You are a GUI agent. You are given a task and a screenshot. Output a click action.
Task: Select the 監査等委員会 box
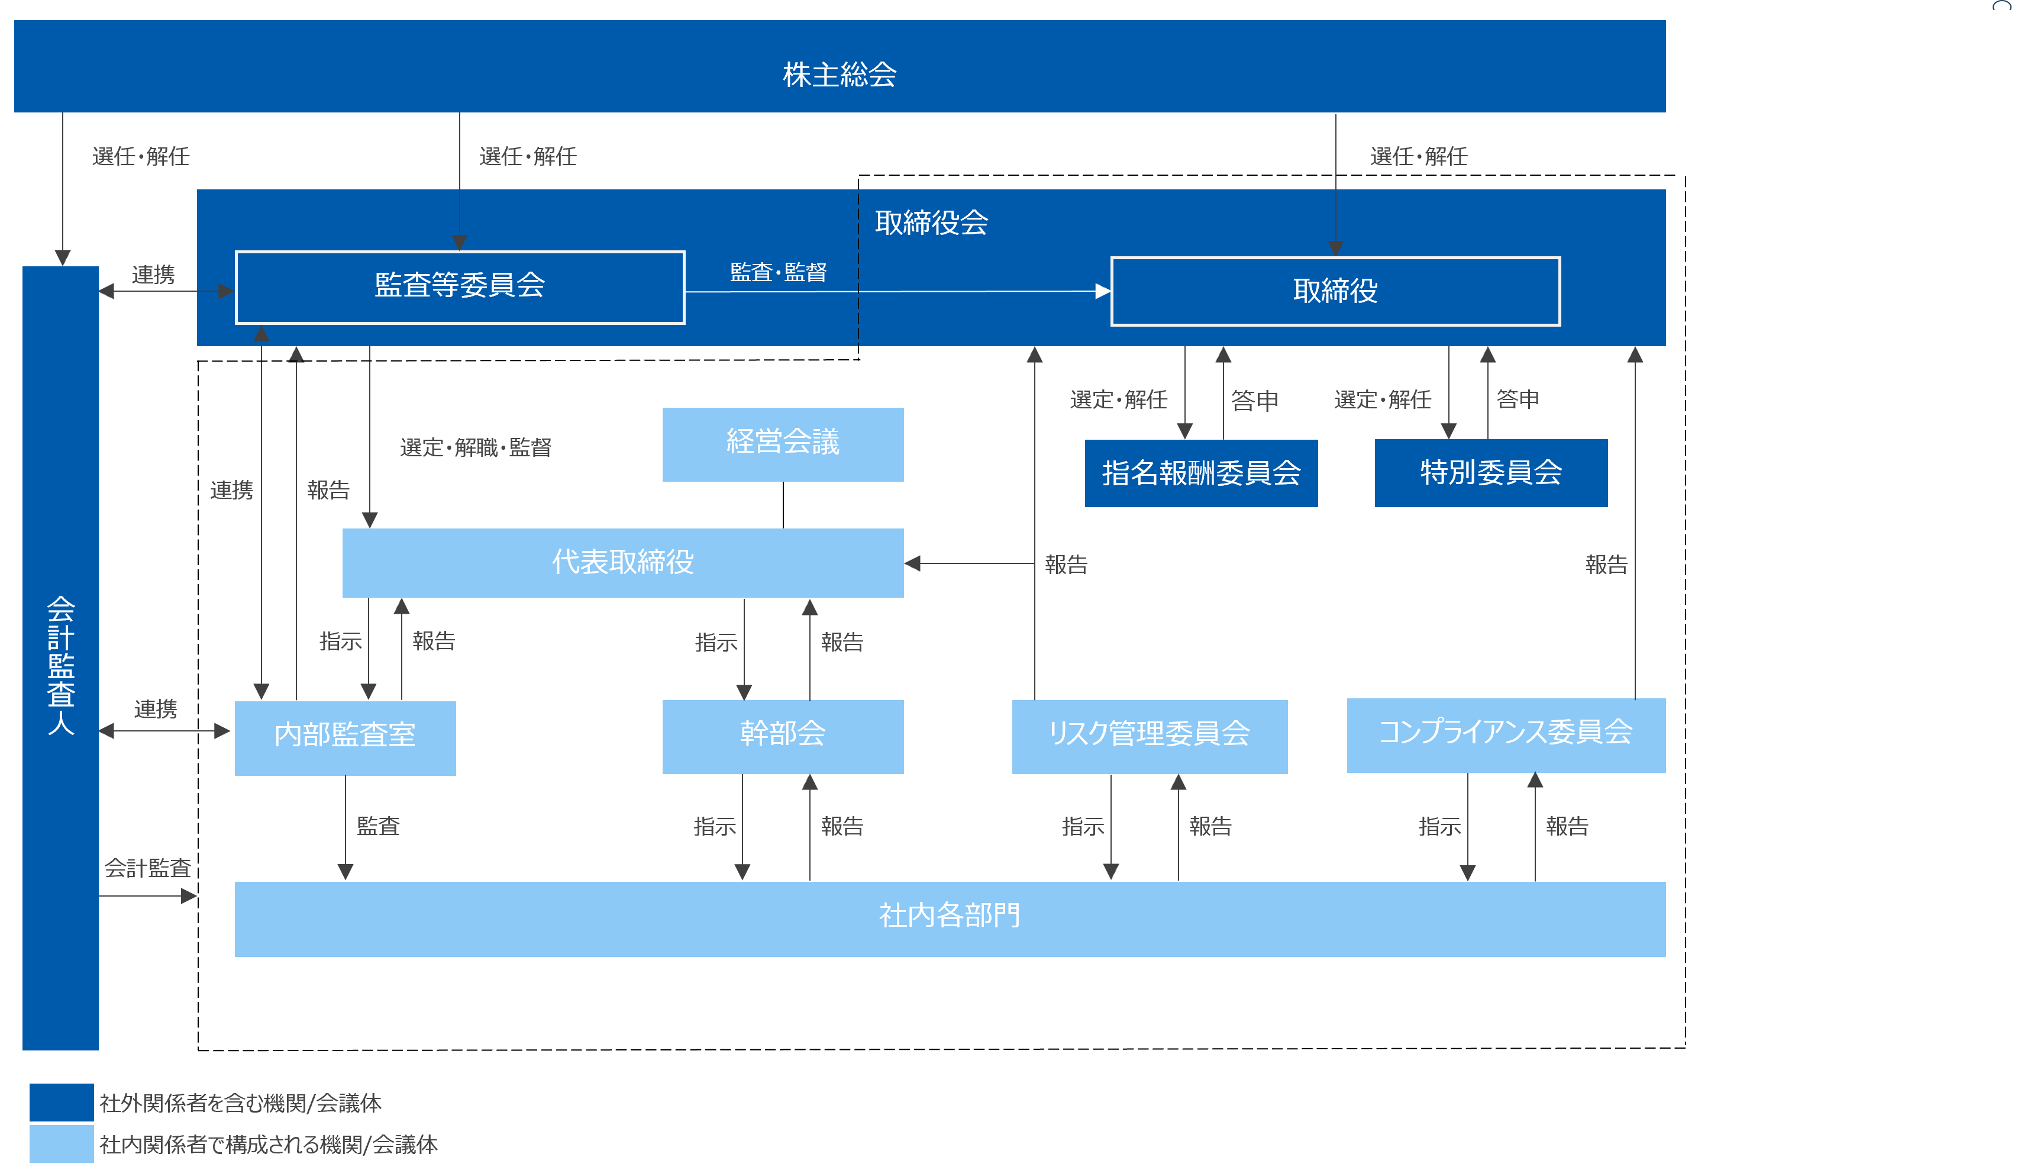coord(460,286)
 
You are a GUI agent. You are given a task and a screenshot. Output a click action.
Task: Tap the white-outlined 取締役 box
coord(1335,291)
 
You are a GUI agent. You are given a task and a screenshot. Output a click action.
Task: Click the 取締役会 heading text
coord(931,223)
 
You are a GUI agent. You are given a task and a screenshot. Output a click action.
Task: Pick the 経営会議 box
coord(782,444)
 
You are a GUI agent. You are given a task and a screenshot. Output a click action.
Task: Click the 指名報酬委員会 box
coord(1200,473)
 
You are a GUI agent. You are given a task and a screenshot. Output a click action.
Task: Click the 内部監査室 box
coord(345,737)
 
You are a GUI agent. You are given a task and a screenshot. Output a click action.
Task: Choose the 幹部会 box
coord(782,735)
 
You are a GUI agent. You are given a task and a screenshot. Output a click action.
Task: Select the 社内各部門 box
coord(949,917)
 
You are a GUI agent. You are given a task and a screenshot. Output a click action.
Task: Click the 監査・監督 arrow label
coord(778,273)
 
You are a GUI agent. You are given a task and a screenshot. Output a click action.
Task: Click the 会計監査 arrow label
coord(147,868)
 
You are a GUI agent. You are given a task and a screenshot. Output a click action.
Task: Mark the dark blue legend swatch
coord(62,1102)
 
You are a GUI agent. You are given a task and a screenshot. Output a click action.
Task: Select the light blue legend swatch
coord(62,1143)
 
